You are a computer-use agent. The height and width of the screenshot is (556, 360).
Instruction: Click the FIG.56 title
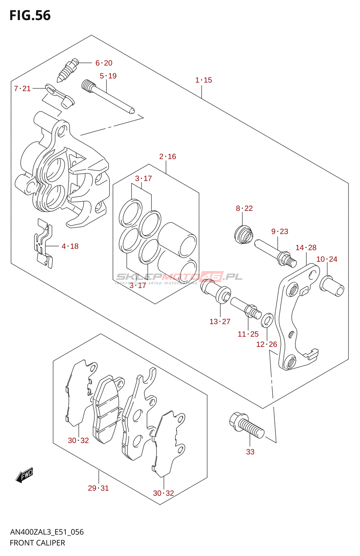[x=30, y=16]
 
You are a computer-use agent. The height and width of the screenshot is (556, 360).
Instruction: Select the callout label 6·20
[x=104, y=63]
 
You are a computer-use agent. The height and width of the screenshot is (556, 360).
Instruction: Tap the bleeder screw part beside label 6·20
[x=67, y=70]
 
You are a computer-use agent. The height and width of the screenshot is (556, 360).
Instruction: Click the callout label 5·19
[x=108, y=76]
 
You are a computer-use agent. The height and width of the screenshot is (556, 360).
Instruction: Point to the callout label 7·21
[x=22, y=89]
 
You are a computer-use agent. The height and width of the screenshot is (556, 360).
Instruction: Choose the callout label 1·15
[x=204, y=80]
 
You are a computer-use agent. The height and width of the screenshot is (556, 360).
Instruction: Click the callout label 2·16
[x=167, y=156]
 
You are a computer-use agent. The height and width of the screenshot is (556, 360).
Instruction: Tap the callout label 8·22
[x=244, y=208]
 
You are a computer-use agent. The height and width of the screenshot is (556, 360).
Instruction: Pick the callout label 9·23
[x=280, y=231]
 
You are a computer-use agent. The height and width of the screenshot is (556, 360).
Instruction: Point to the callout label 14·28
[x=306, y=247]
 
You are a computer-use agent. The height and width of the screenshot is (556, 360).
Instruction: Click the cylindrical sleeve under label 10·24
[x=332, y=286]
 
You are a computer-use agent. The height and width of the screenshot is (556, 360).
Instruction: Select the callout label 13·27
[x=220, y=321]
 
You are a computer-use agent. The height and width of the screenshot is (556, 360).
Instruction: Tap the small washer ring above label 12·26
[x=267, y=320]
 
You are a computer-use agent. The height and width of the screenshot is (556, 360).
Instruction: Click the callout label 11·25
[x=248, y=334]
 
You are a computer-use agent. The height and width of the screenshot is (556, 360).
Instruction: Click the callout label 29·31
[x=98, y=488]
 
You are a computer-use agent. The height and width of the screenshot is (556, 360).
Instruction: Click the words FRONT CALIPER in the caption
[x=38, y=543]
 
